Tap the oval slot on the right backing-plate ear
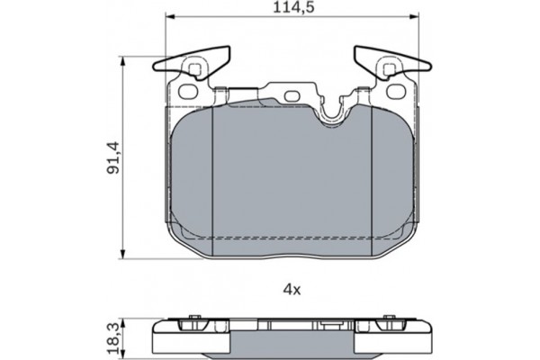(393, 91)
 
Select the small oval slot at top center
(292, 95)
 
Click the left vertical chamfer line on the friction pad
(210, 180)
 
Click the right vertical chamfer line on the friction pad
(372, 180)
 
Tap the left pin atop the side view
(192, 319)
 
